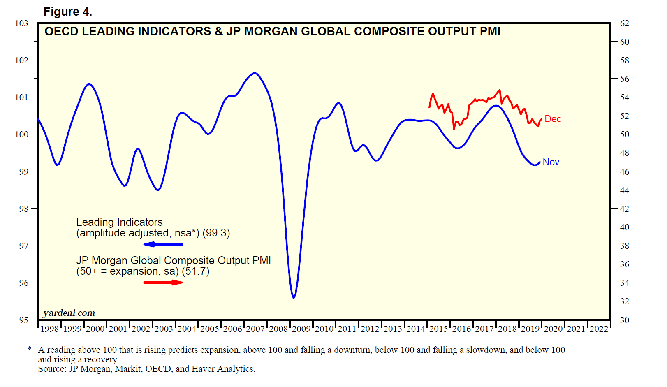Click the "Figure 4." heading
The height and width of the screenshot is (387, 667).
pos(67,12)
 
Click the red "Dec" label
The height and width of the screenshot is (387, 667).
pos(553,119)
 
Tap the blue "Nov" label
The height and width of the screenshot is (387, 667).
pos(551,162)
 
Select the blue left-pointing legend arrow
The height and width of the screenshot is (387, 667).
pos(163,244)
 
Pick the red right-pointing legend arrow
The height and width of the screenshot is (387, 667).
pos(163,282)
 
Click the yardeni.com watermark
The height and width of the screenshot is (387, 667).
pos(69,313)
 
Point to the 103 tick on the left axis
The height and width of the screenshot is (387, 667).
pos(21,23)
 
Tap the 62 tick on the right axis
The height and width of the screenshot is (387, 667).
pos(624,23)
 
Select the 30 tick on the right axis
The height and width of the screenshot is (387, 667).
pos(624,320)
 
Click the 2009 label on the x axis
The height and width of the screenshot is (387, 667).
pos(301,329)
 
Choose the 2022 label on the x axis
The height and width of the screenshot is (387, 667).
pos(599,329)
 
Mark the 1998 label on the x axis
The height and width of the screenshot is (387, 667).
pos(49,329)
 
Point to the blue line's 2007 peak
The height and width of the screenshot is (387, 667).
pos(255,73)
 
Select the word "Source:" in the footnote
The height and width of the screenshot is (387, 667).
pos(52,369)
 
